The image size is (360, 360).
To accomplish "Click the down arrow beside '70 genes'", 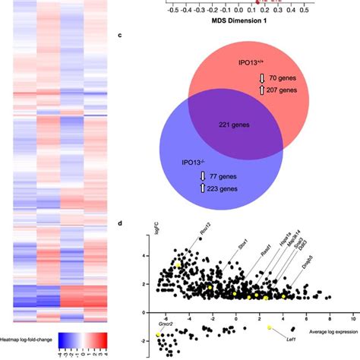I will point(261,77).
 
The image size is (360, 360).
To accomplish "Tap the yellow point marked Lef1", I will point(270,327).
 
